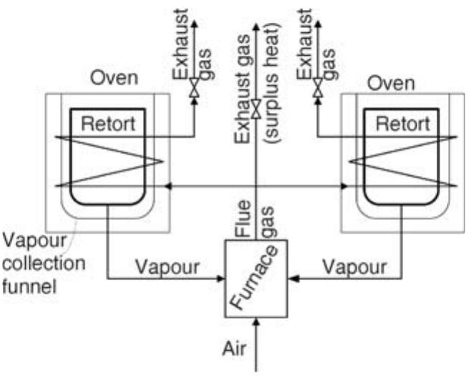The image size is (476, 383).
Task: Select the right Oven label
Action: coord(390,84)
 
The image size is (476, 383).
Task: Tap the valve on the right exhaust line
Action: coord(317,89)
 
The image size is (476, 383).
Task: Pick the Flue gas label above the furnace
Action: coord(254,219)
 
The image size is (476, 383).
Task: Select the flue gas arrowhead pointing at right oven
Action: coord(344,186)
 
